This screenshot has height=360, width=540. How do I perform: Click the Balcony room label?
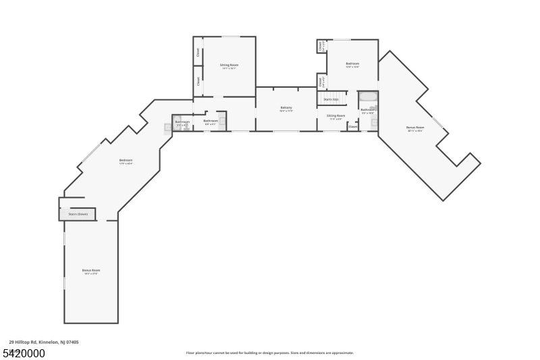(x=286, y=108)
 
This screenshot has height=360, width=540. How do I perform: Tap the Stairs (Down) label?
(x=78, y=214)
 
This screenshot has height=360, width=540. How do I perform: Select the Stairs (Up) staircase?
(x=331, y=99)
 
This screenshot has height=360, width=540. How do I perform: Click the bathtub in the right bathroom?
(x=368, y=97)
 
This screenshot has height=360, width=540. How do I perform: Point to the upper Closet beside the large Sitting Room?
(x=198, y=51)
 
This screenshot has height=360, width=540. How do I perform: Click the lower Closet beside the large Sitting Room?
(x=198, y=81)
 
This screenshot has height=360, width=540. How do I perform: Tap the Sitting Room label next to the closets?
(x=229, y=66)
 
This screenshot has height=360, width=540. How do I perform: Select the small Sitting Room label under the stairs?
(x=335, y=116)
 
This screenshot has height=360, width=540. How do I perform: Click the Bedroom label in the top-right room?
(x=352, y=64)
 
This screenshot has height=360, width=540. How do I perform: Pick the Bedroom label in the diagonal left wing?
(x=126, y=161)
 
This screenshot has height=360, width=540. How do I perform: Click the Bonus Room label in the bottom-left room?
(x=91, y=271)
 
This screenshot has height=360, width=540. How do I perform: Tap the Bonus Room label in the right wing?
(x=415, y=128)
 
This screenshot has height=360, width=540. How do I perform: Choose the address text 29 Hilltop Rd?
(x=44, y=342)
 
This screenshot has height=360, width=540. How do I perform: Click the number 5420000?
(x=24, y=353)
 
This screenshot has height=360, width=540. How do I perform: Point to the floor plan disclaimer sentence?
(x=269, y=353)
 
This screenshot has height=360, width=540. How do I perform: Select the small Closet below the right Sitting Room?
(x=352, y=126)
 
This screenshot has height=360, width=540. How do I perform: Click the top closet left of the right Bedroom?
(x=321, y=46)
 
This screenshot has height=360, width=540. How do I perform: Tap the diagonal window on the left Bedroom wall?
(x=91, y=153)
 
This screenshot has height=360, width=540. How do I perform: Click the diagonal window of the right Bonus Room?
(x=438, y=122)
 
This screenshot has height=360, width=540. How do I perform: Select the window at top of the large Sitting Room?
(x=231, y=36)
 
